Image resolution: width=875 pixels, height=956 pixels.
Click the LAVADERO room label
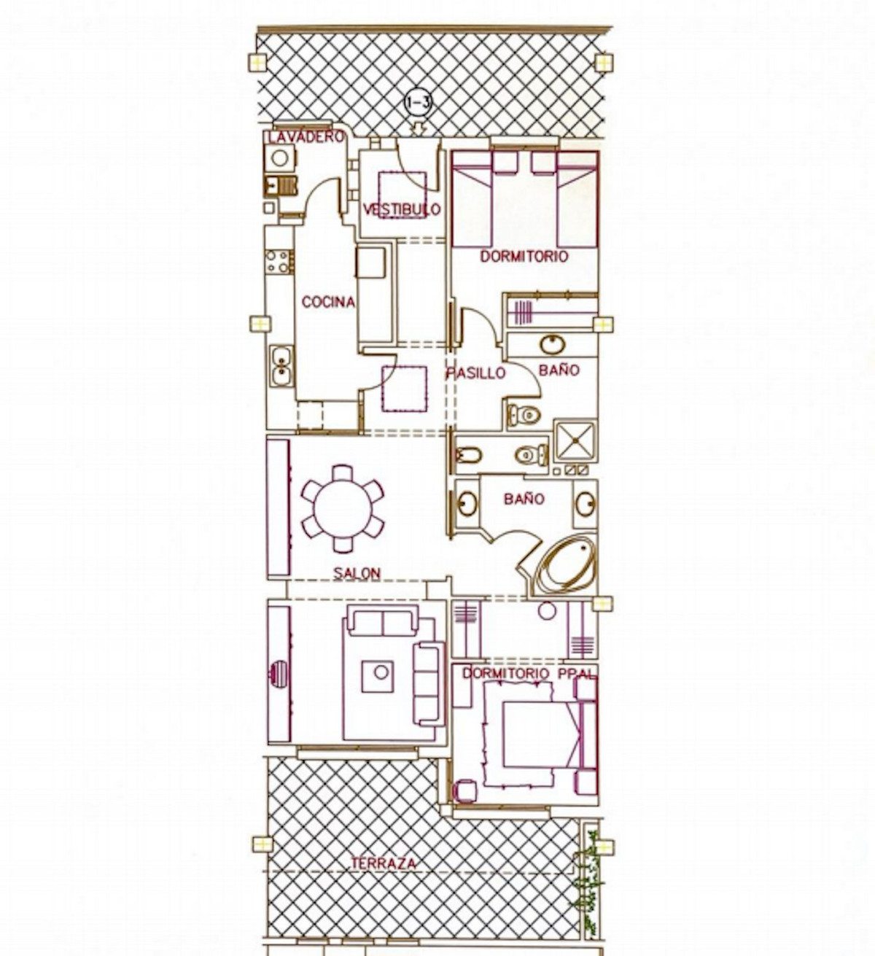[305, 138]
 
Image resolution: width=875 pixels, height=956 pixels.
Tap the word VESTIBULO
[402, 209]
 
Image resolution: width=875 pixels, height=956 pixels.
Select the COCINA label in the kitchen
[328, 302]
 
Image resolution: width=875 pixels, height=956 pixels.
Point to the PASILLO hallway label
[475, 373]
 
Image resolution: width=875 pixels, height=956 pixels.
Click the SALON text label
[357, 573]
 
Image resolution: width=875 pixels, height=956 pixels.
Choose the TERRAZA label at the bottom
[384, 863]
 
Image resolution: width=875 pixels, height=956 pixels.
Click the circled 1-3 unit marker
[418, 104]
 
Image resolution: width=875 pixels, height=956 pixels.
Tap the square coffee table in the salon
[378, 677]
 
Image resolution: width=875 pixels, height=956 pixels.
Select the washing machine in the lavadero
[280, 158]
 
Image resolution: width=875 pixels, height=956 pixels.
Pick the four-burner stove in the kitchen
[279, 262]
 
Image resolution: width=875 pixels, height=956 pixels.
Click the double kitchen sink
[280, 366]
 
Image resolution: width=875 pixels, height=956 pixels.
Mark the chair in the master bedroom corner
[464, 790]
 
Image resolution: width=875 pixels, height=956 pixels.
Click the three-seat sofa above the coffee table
[382, 622]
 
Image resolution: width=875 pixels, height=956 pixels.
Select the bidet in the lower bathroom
[469, 456]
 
